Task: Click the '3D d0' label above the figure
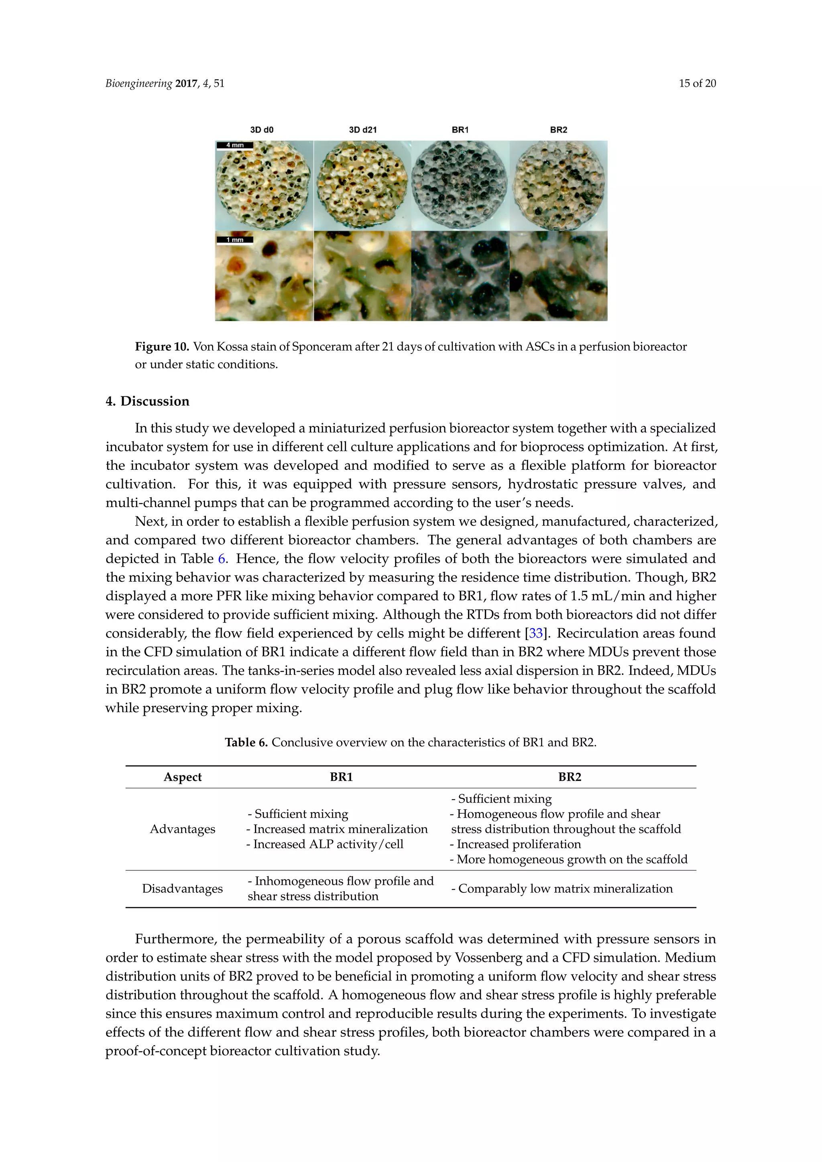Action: pos(262,130)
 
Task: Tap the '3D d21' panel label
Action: pos(362,130)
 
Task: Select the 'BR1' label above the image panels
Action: pos(460,130)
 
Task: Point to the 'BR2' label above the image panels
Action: pos(558,130)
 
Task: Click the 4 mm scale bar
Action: pos(235,145)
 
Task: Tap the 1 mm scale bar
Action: pos(235,240)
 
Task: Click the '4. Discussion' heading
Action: pos(147,401)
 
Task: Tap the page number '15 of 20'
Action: pos(697,83)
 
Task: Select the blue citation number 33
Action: pos(536,633)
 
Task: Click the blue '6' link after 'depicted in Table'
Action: pos(221,559)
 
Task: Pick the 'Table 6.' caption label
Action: pos(246,742)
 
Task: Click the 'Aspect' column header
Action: pos(182,777)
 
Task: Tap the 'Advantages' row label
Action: pos(182,829)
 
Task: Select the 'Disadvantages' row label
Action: pos(182,889)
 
